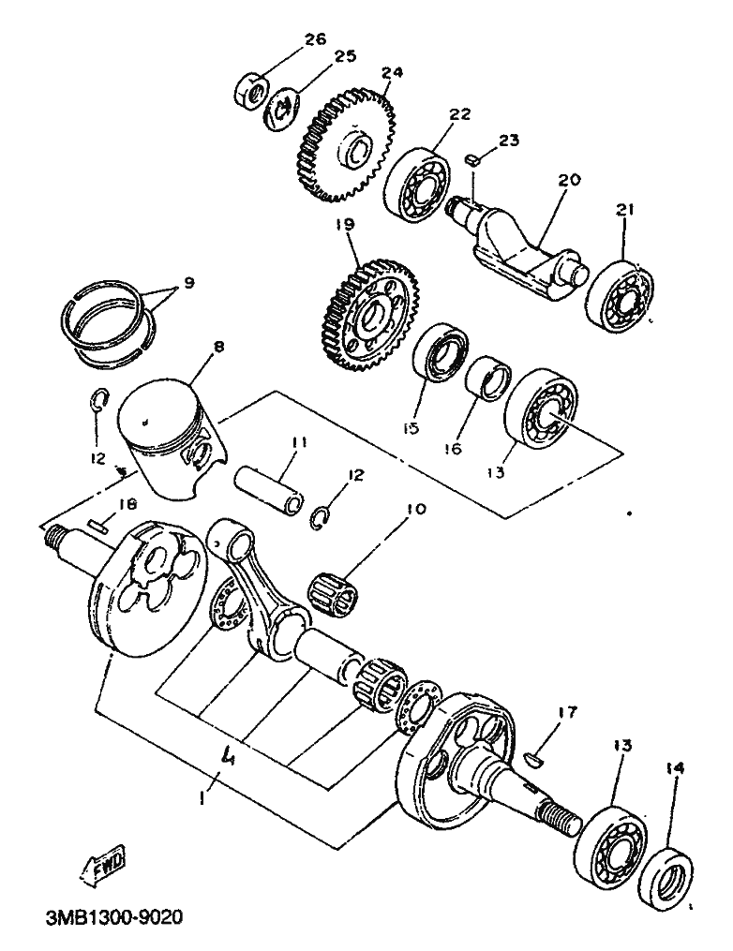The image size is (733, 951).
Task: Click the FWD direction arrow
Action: tap(102, 863)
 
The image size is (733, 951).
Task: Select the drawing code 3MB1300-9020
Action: tap(113, 916)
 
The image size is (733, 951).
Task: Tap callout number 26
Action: tap(314, 39)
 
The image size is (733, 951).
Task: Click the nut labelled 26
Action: tap(250, 91)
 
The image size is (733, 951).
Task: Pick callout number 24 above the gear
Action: tap(392, 71)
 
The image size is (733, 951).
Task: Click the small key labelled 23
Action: tap(473, 160)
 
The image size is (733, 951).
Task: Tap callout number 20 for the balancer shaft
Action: tap(569, 180)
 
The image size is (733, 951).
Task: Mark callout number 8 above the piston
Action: tap(217, 347)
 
